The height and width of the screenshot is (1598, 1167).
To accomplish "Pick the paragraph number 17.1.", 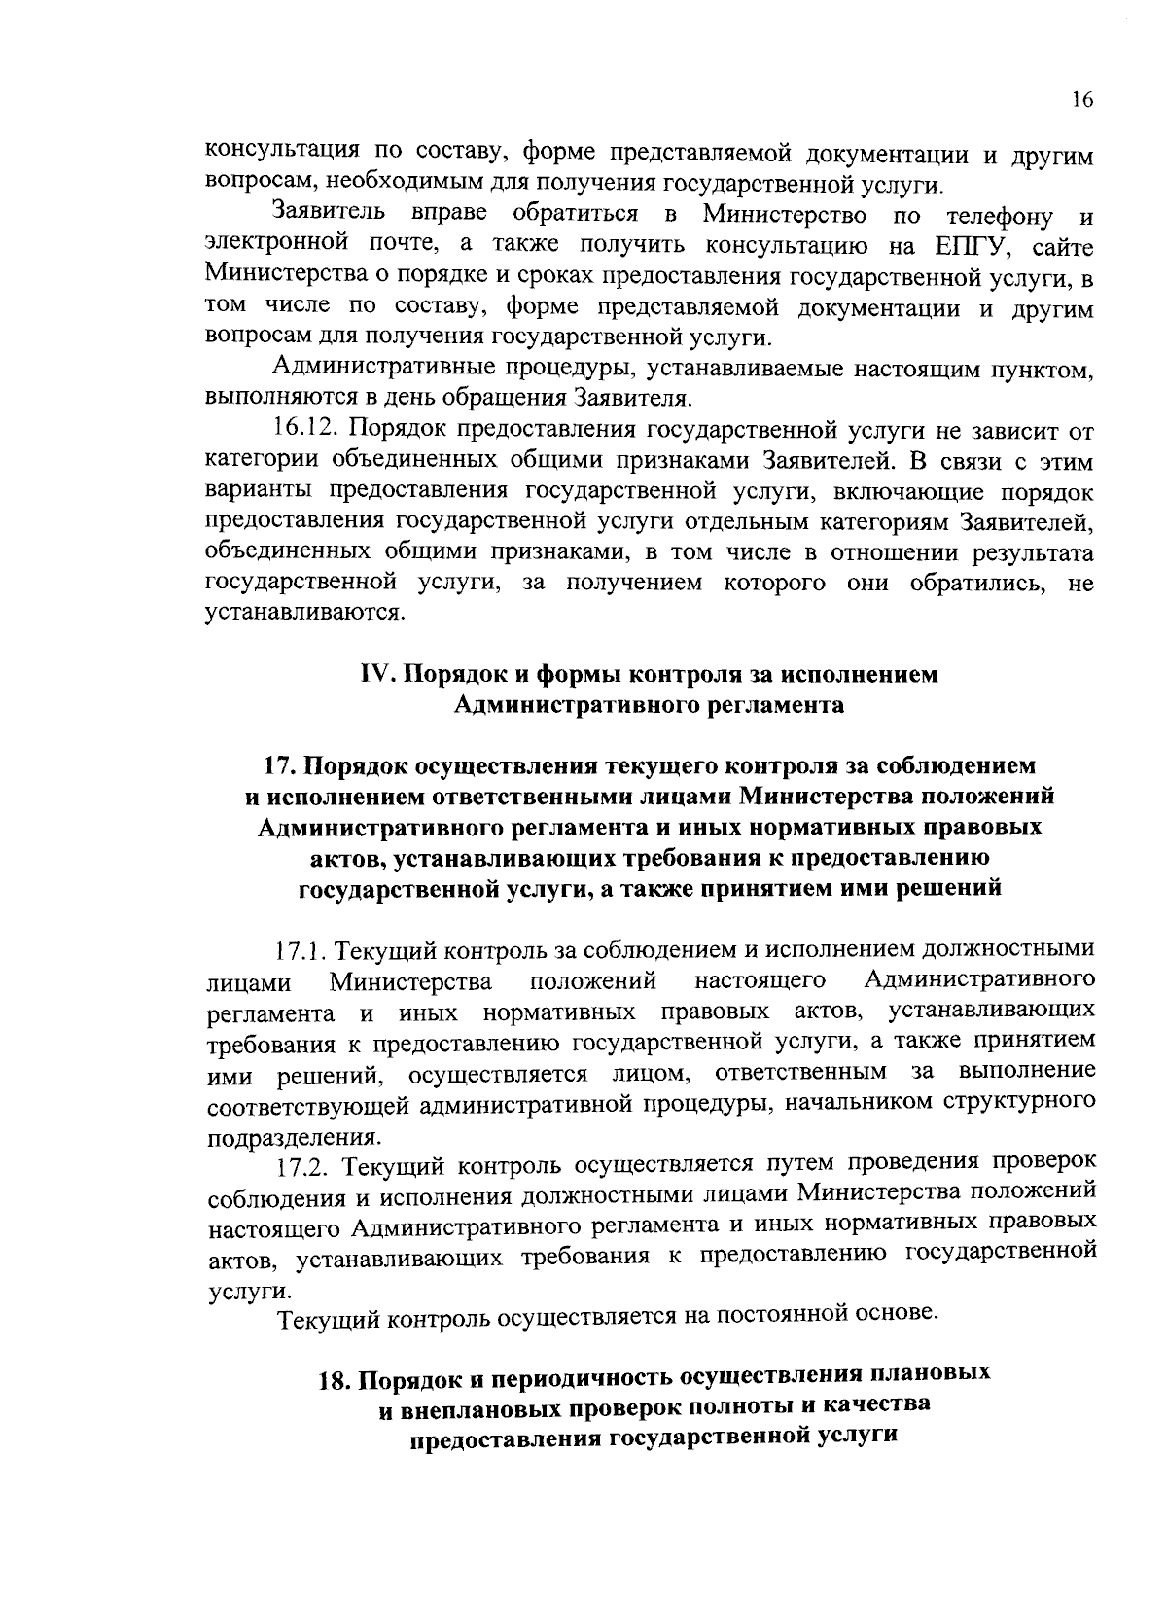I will (305, 948).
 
